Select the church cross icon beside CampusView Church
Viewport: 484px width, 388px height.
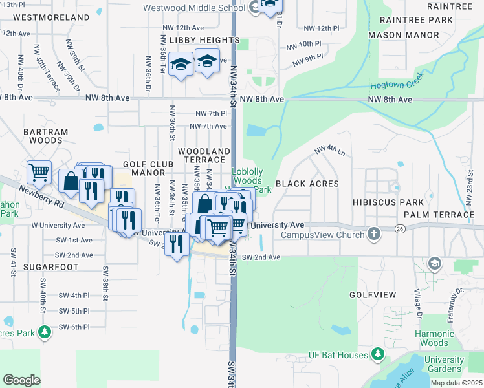tap(373, 234)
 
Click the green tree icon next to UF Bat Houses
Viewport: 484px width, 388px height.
tap(377, 354)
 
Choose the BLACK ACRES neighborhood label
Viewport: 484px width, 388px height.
tap(307, 184)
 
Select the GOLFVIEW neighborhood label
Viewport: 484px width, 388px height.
tap(372, 294)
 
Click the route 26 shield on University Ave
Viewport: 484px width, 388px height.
tap(401, 228)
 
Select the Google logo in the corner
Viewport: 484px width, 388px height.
tap(22, 380)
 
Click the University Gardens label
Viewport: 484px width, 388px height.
tap(445, 364)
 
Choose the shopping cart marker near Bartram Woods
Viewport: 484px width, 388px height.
tap(39, 172)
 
